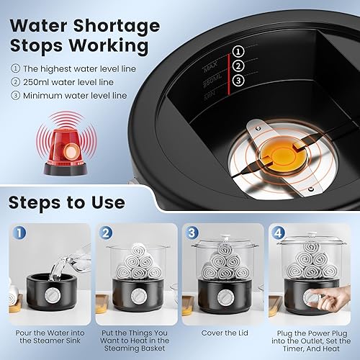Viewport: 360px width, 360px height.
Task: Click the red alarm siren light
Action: (66, 150)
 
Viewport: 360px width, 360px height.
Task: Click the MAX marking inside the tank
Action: (210, 66)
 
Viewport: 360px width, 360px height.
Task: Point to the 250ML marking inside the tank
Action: (212, 81)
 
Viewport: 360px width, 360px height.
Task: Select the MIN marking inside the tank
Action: (210, 95)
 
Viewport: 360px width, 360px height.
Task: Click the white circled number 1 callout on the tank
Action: (238, 51)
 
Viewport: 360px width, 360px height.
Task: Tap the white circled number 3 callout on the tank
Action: (238, 80)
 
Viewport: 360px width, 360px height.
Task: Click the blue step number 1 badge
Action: (19, 233)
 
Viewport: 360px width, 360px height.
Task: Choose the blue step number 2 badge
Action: (106, 233)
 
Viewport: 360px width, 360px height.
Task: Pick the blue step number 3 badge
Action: (192, 233)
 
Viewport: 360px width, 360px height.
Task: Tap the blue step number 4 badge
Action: (278, 233)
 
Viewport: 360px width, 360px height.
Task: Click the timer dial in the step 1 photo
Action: (53, 295)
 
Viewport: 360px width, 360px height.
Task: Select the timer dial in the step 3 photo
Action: (225, 297)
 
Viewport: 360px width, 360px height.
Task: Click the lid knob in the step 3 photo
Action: (225, 238)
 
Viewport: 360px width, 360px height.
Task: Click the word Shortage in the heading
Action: (117, 26)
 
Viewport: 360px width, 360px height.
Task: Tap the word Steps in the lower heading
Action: (35, 203)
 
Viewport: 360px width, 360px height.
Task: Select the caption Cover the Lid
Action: (225, 333)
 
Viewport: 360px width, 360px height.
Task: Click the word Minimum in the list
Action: (42, 96)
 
